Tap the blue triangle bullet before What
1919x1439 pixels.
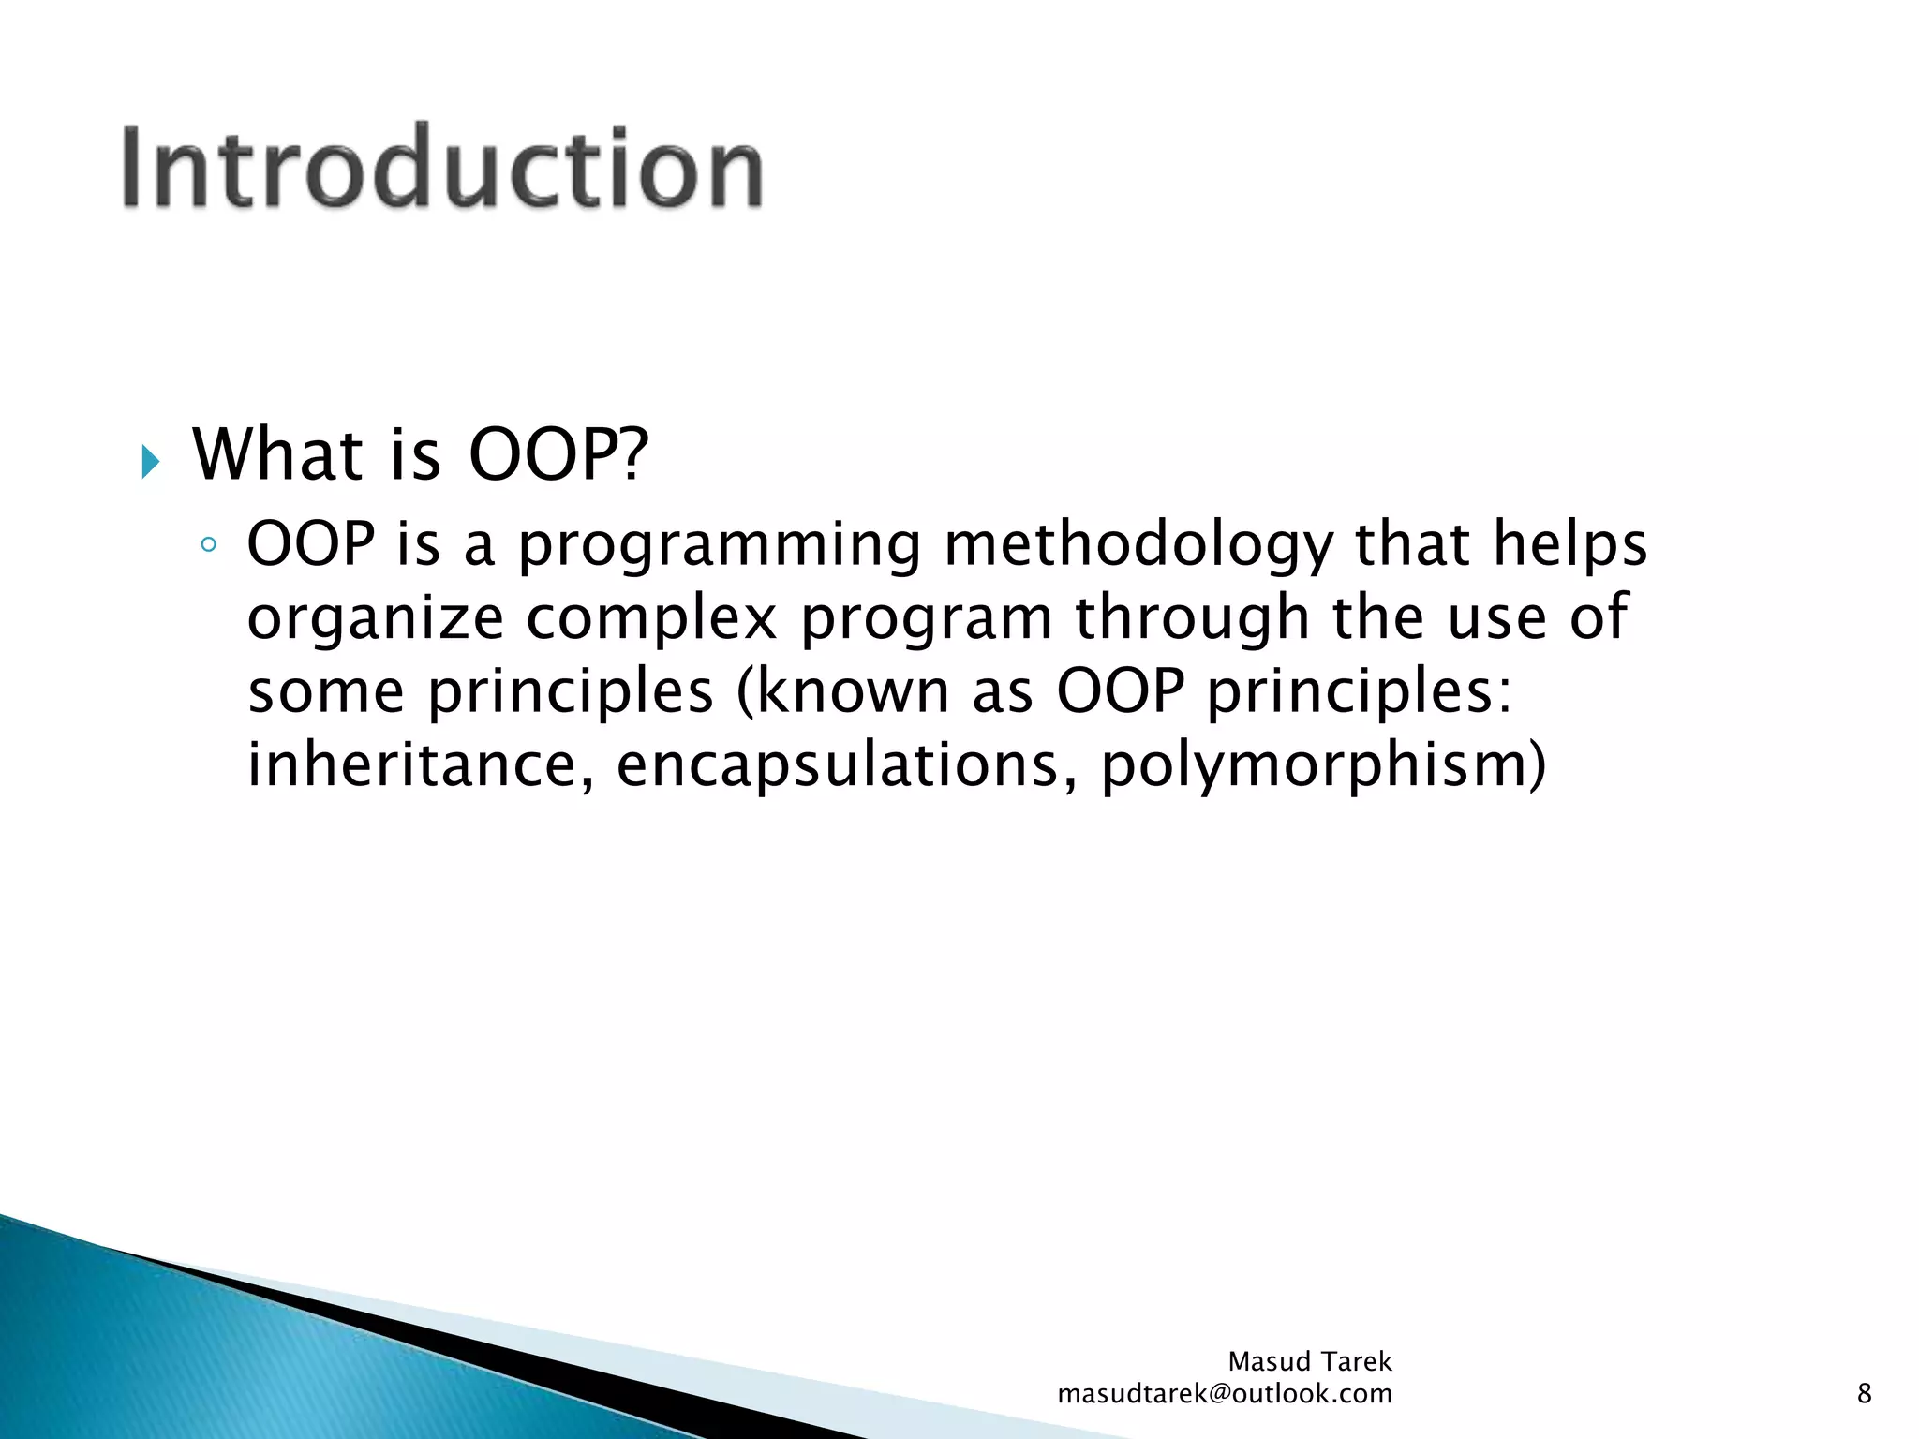coord(150,462)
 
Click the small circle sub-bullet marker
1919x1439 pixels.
coord(209,545)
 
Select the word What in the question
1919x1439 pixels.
coord(277,455)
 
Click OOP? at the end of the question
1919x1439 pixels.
coord(558,455)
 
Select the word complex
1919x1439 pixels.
coord(651,618)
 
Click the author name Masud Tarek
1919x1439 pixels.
coord(1310,1361)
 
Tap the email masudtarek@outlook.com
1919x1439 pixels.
coord(1225,1394)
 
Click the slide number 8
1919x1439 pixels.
coord(1864,1394)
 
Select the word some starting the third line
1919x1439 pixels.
coord(326,693)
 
